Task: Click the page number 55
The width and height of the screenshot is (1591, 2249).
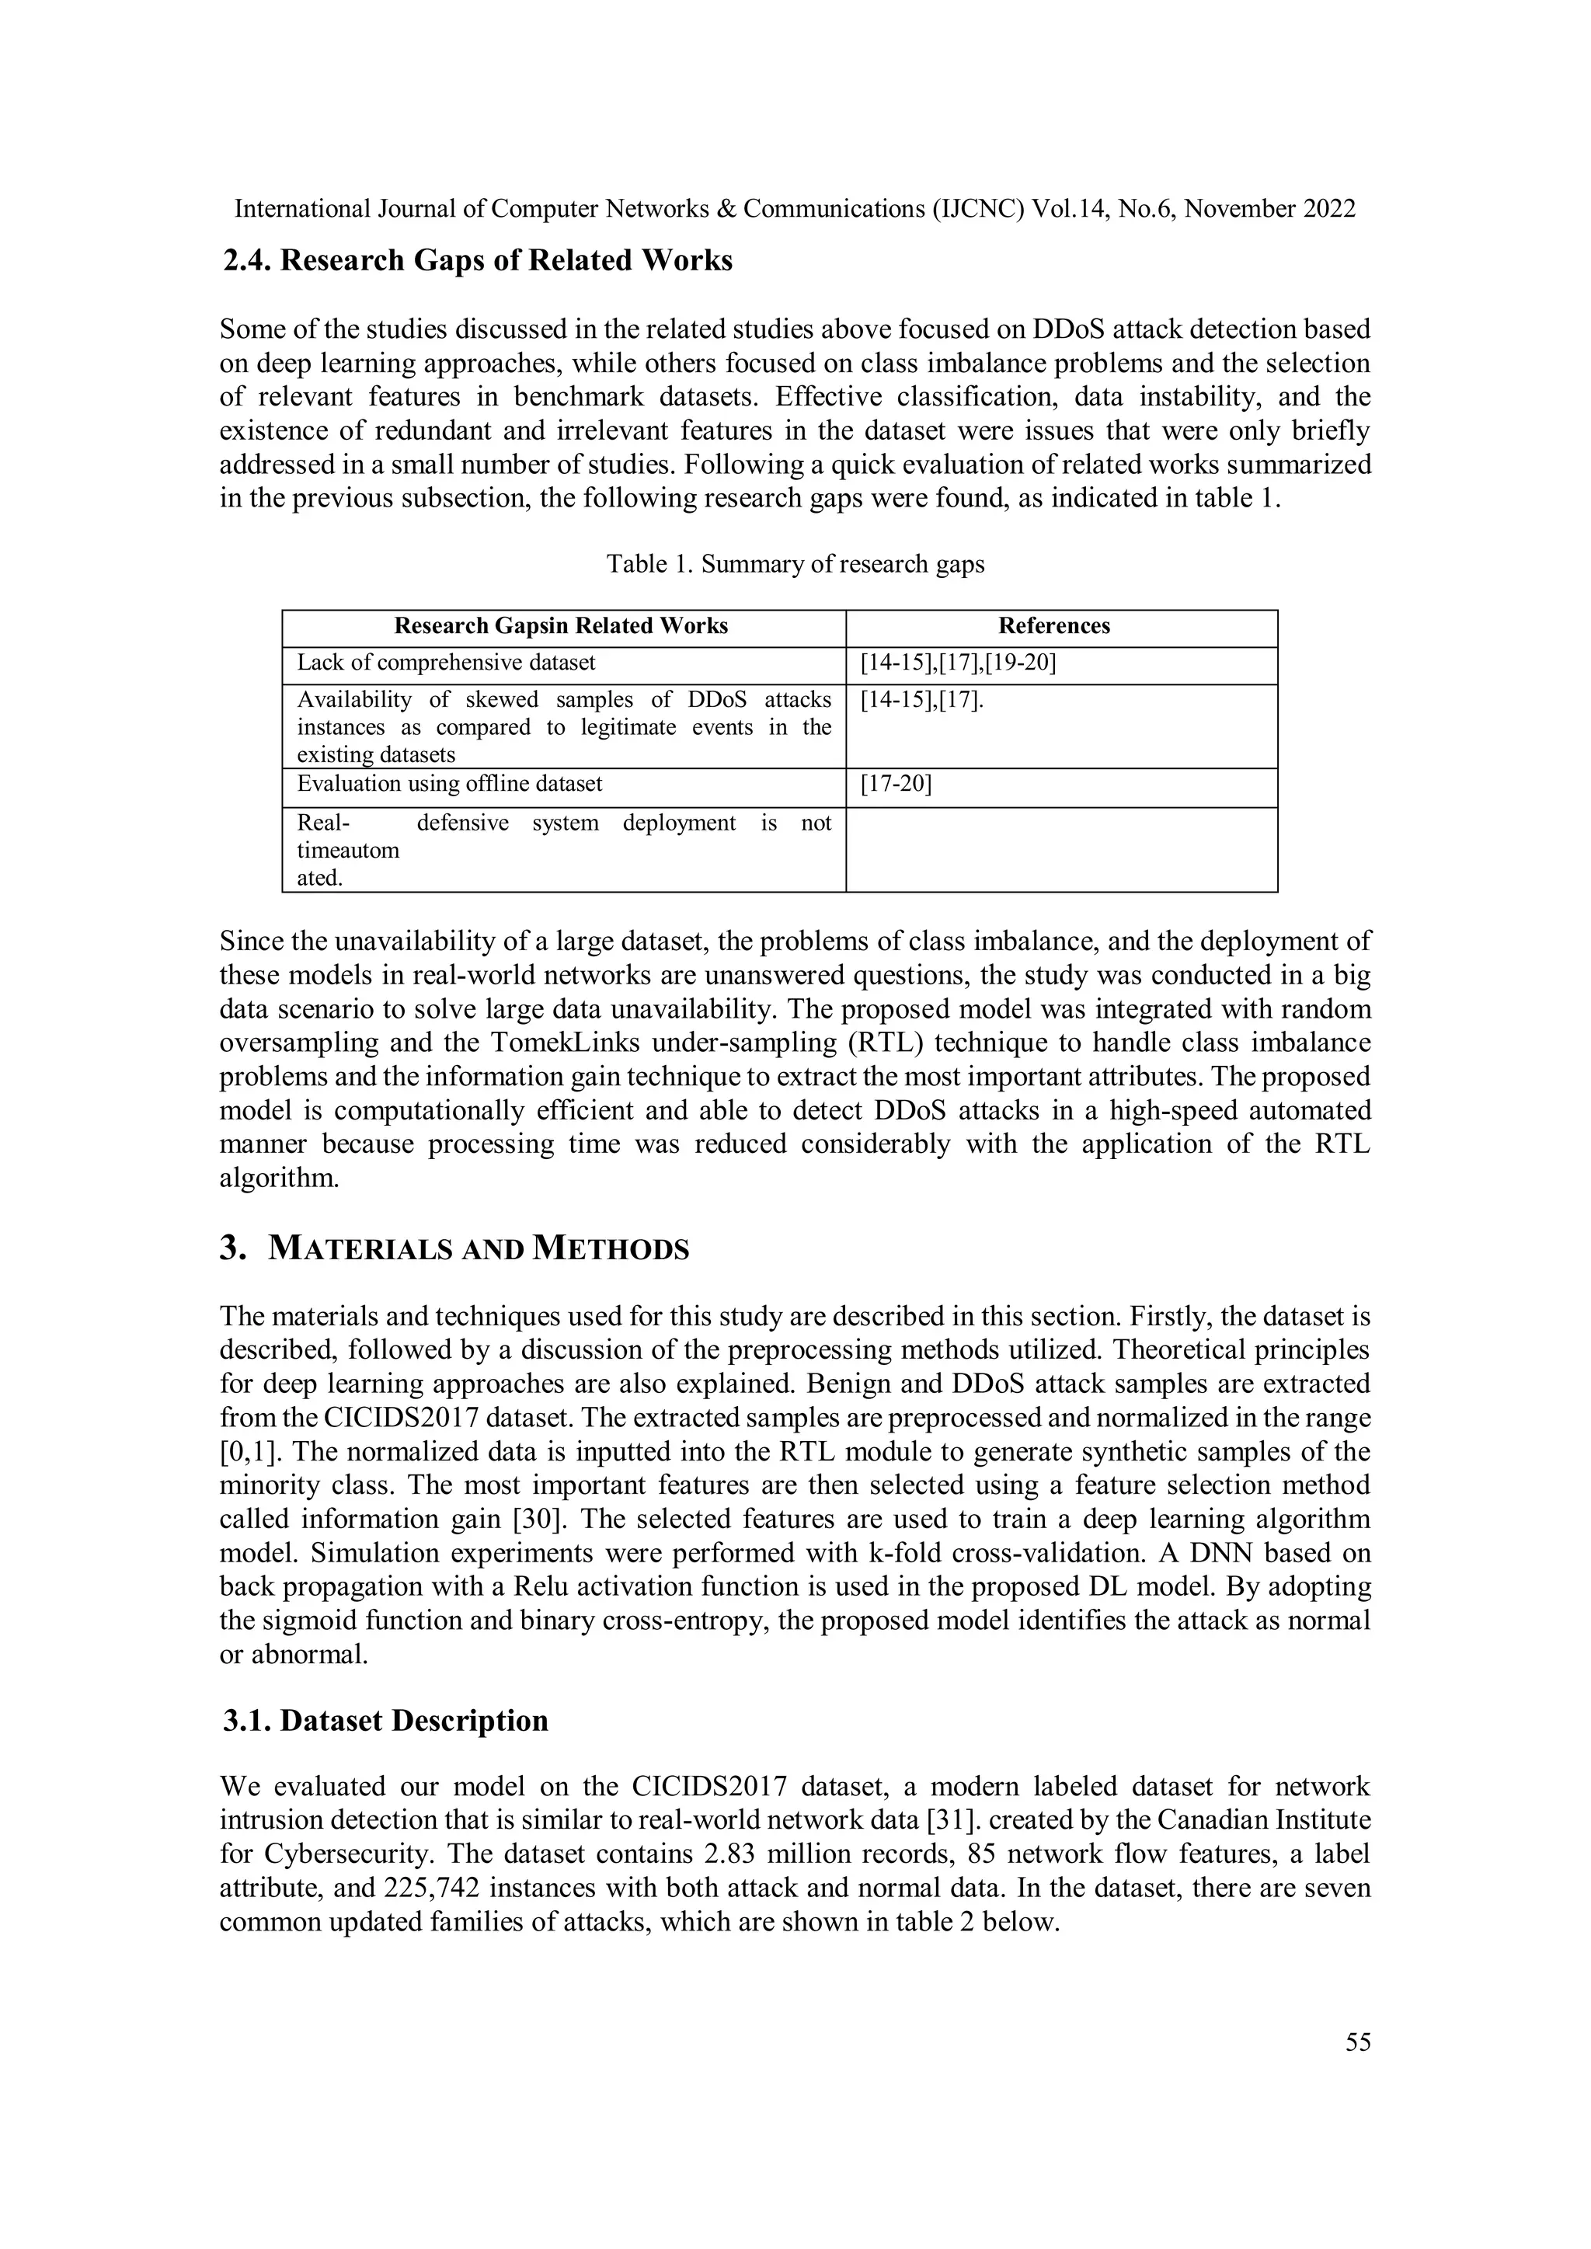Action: (x=1358, y=2042)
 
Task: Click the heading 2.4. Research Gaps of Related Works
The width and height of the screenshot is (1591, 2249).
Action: (x=478, y=260)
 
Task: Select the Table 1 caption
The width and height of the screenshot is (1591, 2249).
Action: (x=795, y=564)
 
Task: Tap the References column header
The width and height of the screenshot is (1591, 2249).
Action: (x=1053, y=627)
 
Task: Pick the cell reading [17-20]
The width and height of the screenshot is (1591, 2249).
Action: (x=896, y=785)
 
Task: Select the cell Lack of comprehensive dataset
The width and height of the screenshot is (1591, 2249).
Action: (x=446, y=663)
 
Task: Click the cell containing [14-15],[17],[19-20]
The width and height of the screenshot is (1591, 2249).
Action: (x=957, y=663)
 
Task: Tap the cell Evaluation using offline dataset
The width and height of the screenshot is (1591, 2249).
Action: (x=450, y=785)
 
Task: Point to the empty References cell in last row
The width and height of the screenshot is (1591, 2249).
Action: (x=1061, y=849)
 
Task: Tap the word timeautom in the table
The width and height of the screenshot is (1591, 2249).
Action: (x=348, y=850)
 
